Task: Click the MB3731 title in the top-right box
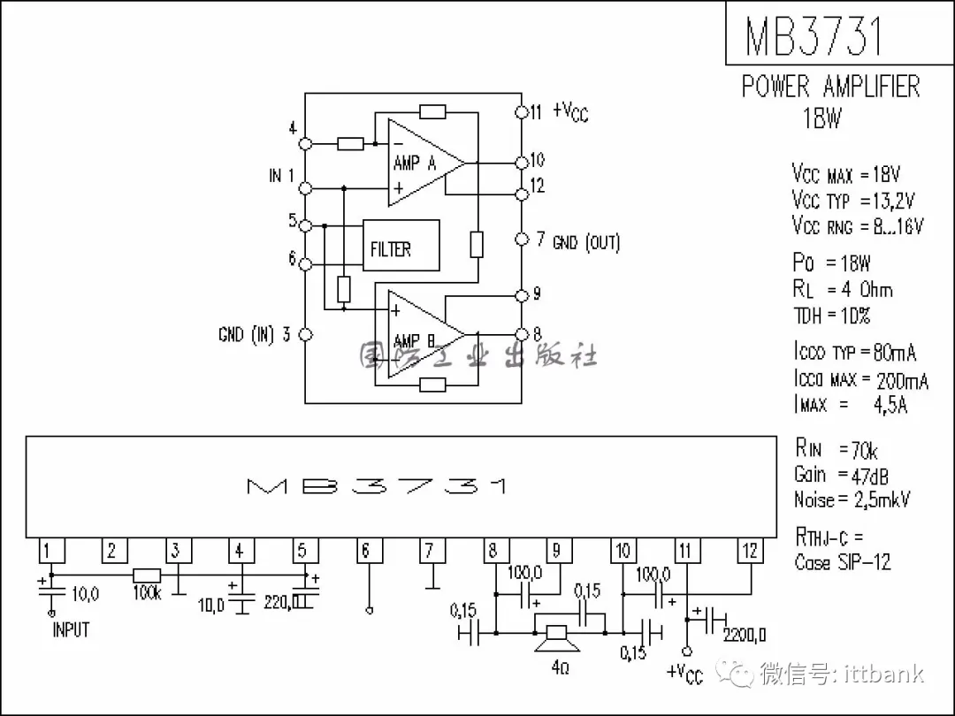814,35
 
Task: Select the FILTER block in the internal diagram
400,246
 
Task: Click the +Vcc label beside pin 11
570,111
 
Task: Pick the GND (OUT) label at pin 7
586,242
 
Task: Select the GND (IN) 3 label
255,335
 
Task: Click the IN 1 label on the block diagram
281,176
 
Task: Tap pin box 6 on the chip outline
366,552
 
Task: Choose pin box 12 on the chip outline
750,552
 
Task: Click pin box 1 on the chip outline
49,552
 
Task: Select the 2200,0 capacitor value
745,636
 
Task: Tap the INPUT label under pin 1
71,630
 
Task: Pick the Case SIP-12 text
843,562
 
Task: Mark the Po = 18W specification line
831,263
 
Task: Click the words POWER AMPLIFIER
830,87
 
